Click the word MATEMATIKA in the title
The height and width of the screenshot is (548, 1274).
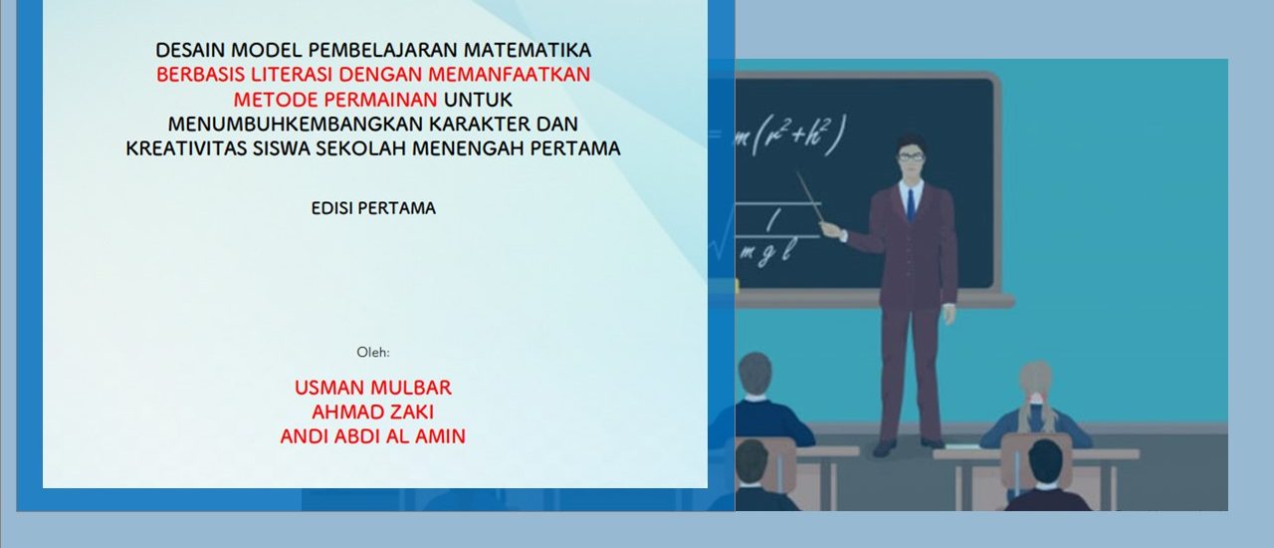[528, 50]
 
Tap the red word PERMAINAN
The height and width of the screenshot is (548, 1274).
[381, 100]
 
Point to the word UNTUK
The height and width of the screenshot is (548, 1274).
[478, 100]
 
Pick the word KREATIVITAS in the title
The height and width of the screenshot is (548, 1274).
[186, 148]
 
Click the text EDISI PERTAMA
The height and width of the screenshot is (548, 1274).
[373, 208]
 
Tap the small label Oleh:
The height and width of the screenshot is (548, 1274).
[373, 352]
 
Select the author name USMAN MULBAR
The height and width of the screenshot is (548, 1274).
[373, 388]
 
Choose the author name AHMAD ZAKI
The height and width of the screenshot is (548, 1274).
[373, 411]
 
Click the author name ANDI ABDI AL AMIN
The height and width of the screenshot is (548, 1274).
[373, 436]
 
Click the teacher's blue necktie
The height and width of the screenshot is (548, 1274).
[911, 205]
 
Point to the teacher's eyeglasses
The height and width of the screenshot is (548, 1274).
[911, 156]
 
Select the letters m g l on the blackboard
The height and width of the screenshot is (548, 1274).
[767, 252]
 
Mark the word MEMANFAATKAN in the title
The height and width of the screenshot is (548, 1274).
[509, 75]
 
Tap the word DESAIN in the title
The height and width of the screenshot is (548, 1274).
[190, 50]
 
